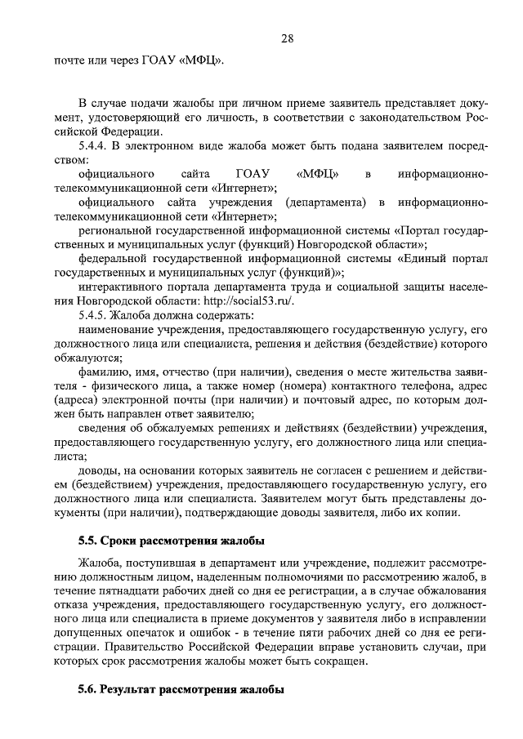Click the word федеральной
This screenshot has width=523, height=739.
pyautogui.click(x=113, y=257)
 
